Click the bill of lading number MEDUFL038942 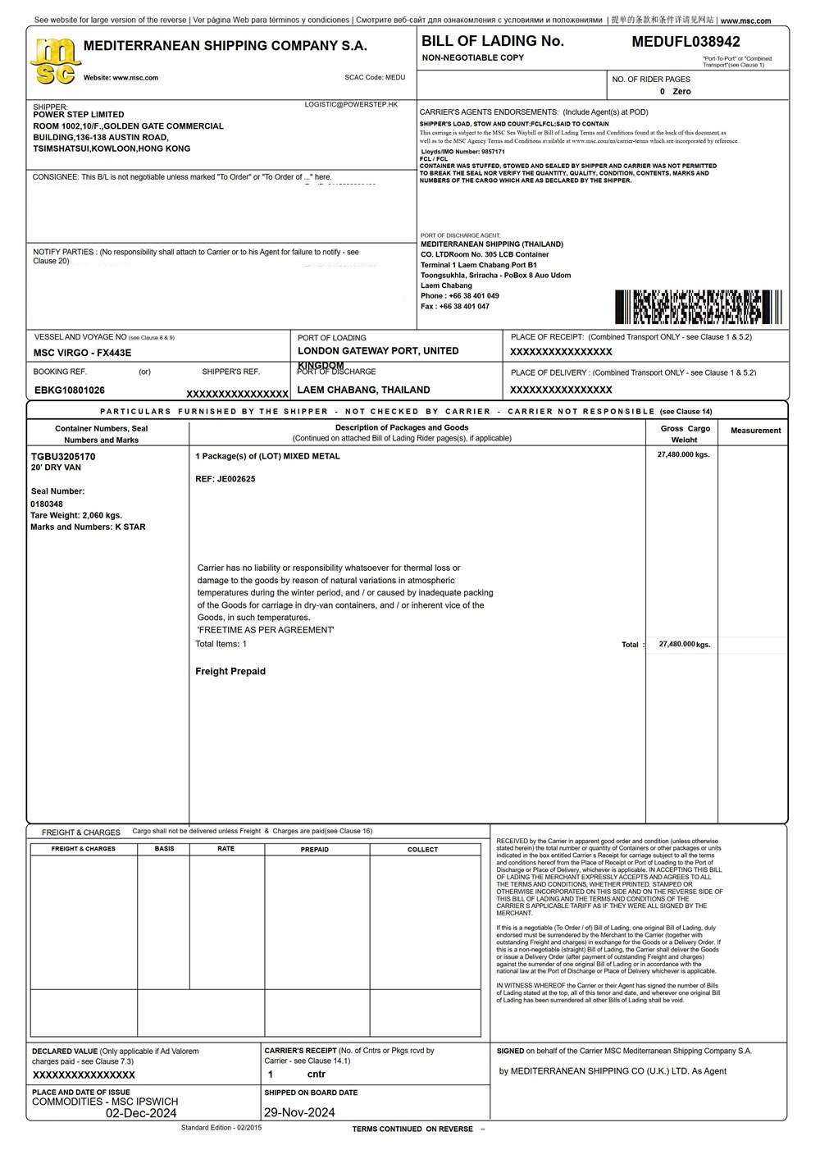686,42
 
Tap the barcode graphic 698,307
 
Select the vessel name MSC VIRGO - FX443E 82,353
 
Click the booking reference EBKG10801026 70,390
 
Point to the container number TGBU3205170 63,457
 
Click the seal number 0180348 47,504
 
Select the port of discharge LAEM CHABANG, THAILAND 363,390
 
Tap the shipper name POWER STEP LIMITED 79,115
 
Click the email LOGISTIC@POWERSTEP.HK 351,105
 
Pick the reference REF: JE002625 225,479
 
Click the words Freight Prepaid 230,671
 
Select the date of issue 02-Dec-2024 141,1113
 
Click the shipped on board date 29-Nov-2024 299,1113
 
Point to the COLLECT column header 423,849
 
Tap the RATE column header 226,849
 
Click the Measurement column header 755,431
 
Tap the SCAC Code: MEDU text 375,78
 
